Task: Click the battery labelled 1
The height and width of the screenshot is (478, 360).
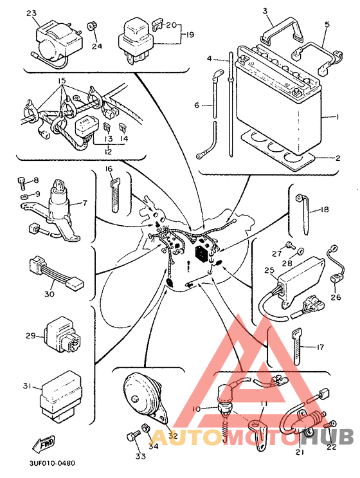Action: tap(279, 100)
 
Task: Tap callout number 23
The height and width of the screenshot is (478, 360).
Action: tap(31, 13)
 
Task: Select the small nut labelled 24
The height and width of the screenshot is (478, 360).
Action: tap(91, 26)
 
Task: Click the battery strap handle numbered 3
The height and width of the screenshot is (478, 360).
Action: tap(282, 33)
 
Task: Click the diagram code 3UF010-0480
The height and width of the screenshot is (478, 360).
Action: tap(52, 463)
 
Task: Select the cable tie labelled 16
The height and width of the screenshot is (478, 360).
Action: tap(114, 195)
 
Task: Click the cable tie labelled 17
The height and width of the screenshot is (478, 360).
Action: tap(296, 346)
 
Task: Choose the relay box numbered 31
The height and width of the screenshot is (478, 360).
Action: tap(61, 396)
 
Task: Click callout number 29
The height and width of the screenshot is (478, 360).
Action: tap(30, 336)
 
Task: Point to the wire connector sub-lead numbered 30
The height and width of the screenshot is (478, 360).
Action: tap(56, 272)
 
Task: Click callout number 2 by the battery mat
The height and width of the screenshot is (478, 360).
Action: tap(337, 158)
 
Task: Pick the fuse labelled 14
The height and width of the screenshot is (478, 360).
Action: tap(123, 127)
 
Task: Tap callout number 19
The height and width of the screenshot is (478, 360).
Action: tap(190, 35)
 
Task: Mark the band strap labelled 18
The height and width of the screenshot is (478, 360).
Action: tap(303, 214)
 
